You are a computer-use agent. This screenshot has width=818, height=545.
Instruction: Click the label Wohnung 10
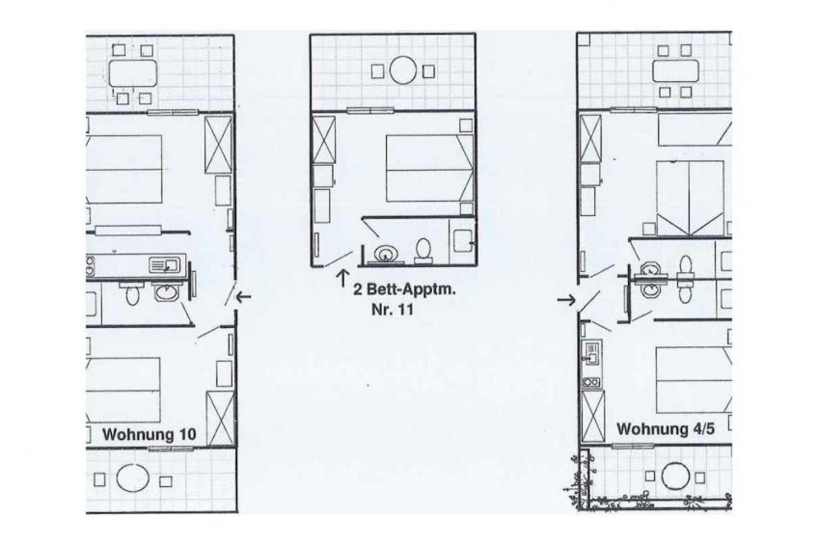[150, 434]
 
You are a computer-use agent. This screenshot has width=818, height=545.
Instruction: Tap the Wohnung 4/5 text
[666, 429]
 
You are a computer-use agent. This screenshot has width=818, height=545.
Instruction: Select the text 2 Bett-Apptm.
[404, 290]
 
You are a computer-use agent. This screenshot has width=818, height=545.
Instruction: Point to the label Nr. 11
[393, 310]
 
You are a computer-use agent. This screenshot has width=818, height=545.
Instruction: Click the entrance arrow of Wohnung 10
[244, 297]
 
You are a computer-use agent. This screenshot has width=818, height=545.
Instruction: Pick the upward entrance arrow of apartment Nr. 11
[342, 278]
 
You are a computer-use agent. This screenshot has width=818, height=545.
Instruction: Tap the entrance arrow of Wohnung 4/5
[566, 300]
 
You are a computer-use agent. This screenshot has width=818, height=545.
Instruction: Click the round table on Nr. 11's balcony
[403, 71]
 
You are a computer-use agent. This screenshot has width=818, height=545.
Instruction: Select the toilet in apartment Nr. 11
[423, 251]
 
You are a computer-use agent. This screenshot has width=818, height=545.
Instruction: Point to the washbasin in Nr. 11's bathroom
[385, 254]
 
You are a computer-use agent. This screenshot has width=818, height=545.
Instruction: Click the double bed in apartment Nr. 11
[429, 169]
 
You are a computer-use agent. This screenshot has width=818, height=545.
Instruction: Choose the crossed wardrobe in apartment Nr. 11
[323, 139]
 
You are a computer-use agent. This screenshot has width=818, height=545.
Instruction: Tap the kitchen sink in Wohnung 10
[164, 265]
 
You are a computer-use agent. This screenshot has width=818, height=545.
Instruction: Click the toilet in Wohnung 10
[132, 295]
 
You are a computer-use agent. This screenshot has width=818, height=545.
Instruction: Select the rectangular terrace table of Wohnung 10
[133, 73]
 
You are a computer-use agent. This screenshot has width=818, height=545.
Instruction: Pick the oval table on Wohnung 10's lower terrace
[132, 477]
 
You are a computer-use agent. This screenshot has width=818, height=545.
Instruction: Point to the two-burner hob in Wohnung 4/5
[591, 382]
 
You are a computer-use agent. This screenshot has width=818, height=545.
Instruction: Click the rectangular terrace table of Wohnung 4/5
[675, 71]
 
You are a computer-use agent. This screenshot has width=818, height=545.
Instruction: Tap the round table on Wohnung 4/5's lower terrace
[675, 477]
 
